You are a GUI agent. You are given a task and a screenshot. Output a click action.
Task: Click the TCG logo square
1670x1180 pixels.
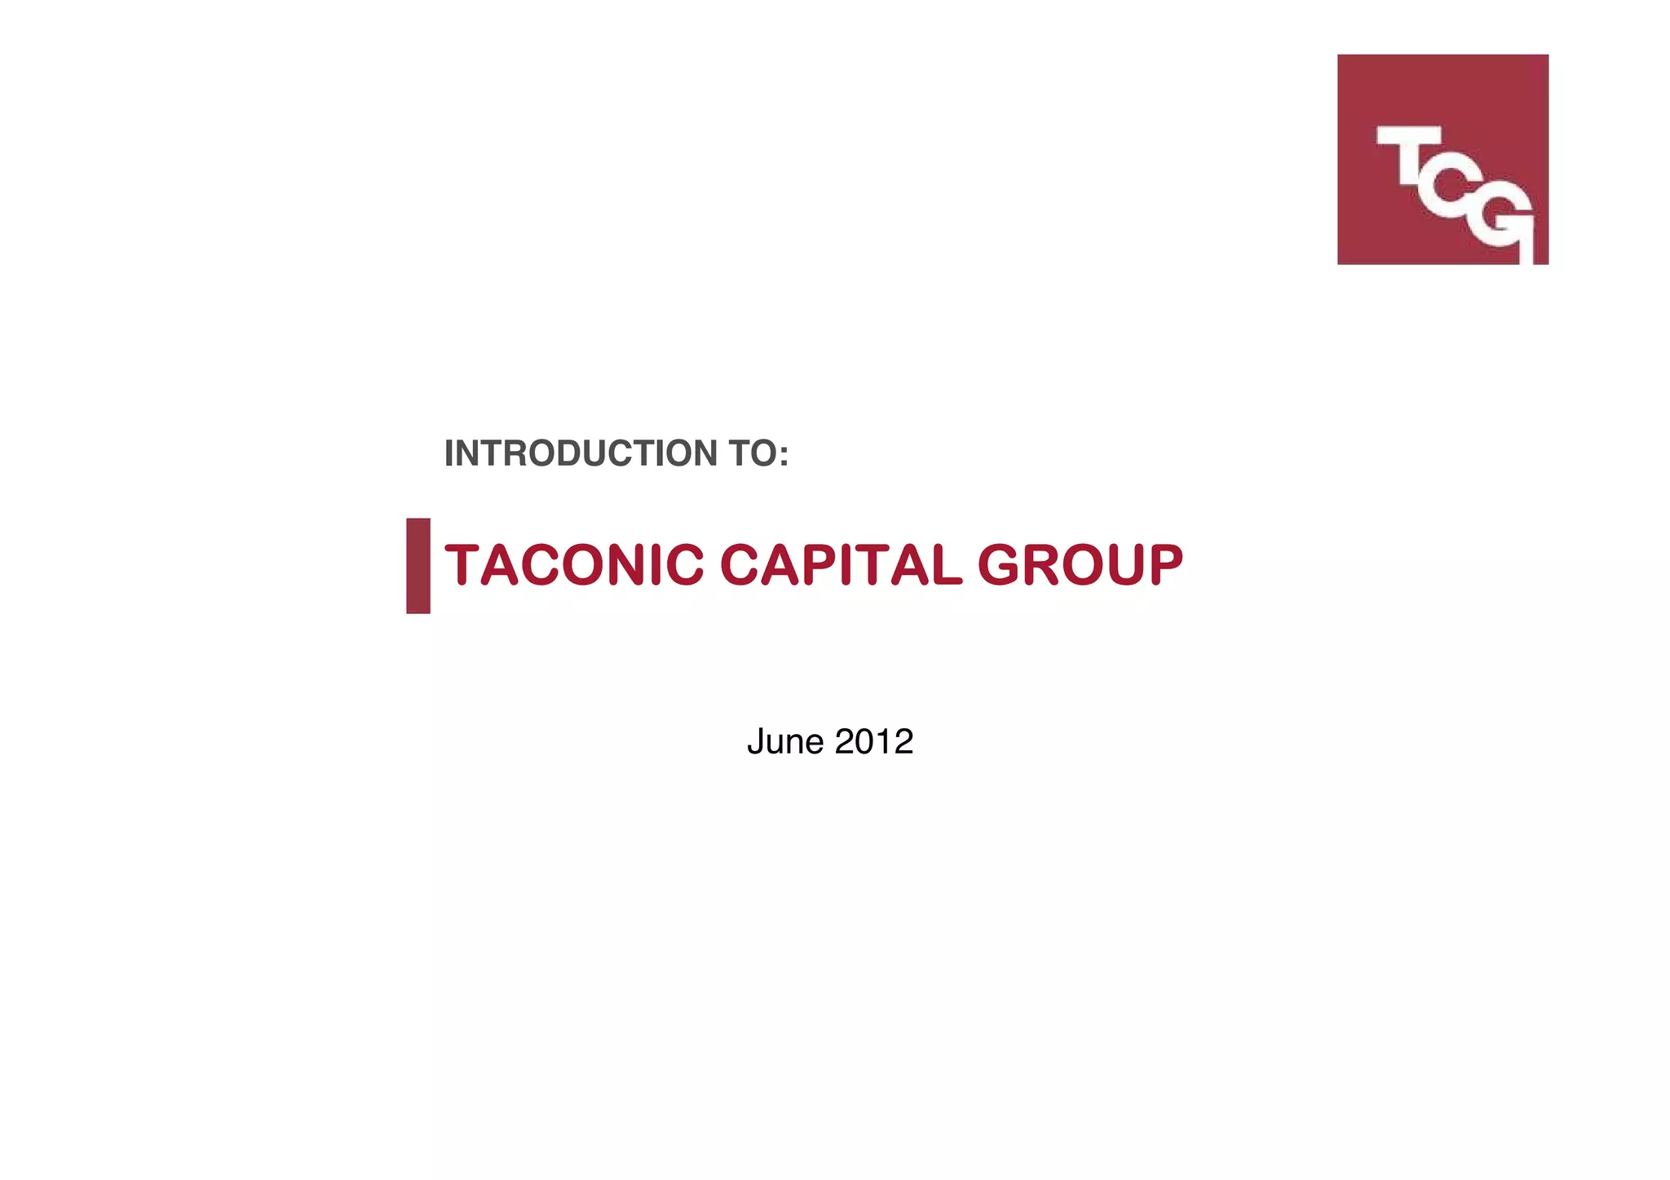click(1442, 159)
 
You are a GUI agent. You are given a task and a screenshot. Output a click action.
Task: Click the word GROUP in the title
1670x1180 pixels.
click(1080, 564)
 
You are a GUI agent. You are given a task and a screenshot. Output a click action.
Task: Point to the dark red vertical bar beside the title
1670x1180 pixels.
click(418, 565)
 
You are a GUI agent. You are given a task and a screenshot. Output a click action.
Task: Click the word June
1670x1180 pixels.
click(785, 741)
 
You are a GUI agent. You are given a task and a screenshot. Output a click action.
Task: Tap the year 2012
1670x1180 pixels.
click(873, 741)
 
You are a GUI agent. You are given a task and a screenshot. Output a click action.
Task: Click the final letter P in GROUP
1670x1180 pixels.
click(1162, 564)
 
